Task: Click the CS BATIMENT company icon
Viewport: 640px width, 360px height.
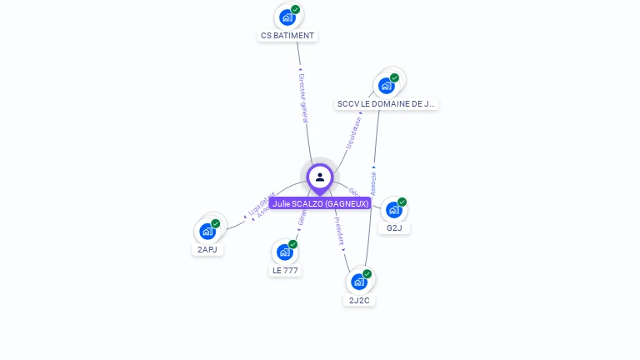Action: (x=287, y=17)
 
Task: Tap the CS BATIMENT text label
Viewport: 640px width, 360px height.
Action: (x=287, y=36)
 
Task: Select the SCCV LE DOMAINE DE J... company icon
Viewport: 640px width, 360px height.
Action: (x=386, y=85)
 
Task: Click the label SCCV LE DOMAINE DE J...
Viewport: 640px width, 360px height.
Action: (x=386, y=104)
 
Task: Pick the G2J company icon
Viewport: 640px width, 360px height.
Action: (x=393, y=209)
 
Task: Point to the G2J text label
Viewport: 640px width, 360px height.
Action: (x=394, y=228)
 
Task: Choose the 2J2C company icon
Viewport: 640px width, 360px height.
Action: (x=358, y=281)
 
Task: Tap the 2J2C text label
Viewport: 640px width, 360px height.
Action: (x=359, y=300)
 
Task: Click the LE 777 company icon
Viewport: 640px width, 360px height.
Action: (x=285, y=252)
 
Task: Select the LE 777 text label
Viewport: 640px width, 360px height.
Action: (x=285, y=271)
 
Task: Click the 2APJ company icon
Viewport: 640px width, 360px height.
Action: (x=207, y=231)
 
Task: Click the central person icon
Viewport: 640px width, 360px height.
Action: (x=320, y=177)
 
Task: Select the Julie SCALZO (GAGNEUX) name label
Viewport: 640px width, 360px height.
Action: (x=320, y=203)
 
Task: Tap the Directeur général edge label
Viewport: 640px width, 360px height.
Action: (x=303, y=98)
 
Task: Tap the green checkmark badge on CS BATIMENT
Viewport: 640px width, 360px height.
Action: (x=296, y=10)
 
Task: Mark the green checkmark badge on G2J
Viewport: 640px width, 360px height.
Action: (x=402, y=202)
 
